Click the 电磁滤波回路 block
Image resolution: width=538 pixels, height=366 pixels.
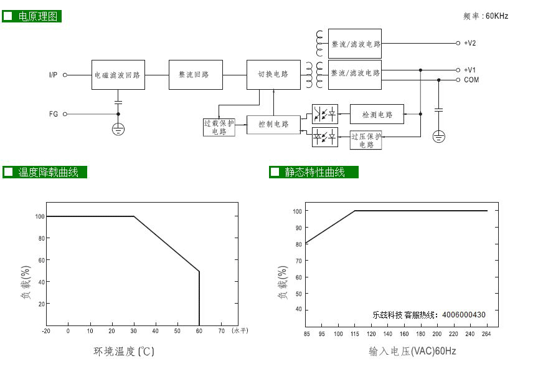pos(118,75)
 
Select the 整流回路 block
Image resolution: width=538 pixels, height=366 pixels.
pos(196,75)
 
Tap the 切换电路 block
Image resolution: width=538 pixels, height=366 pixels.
pos(273,75)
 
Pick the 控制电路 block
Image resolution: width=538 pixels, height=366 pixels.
pos(273,125)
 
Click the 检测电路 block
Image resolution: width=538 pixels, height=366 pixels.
pos(377,114)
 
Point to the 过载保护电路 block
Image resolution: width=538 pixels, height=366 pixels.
pos(219,127)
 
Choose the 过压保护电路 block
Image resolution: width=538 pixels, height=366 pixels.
pos(366,140)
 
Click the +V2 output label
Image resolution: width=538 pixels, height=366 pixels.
pos(470,43)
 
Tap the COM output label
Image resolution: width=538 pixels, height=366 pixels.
pos(471,80)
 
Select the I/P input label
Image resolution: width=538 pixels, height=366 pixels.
pos(53,75)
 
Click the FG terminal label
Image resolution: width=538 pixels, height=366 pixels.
pos(54,114)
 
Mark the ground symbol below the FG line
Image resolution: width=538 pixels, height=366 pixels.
pos(118,129)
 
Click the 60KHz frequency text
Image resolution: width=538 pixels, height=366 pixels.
pos(497,16)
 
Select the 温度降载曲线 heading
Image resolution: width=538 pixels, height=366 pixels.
pos(49,172)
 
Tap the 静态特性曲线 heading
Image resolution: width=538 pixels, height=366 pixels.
pos(314,172)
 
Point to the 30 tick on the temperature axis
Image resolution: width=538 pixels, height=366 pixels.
pos(133,331)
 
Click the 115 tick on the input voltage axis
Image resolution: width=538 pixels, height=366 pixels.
pos(355,334)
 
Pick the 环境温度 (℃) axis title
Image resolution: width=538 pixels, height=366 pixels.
pos(124,352)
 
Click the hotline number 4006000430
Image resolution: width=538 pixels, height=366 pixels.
pos(463,315)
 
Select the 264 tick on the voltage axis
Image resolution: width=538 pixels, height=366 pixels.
pos(486,334)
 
